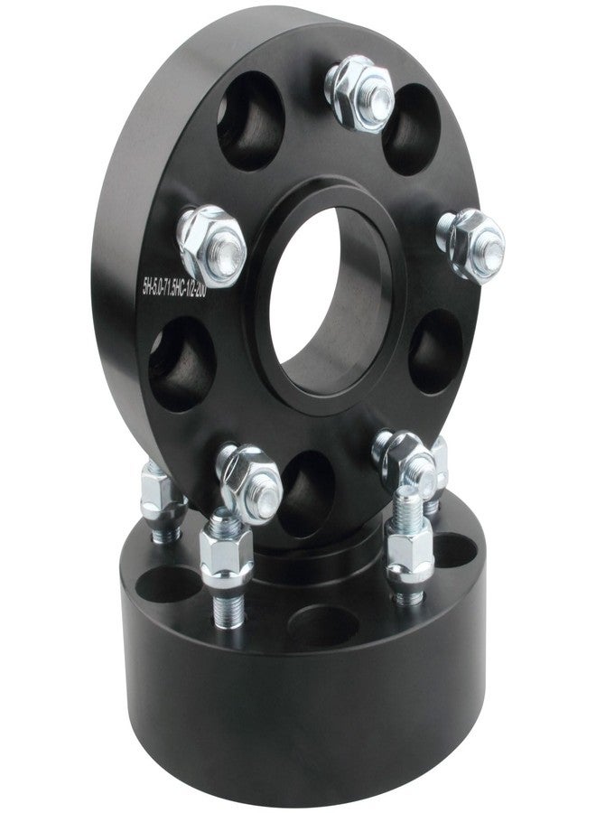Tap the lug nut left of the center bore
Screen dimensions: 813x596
[x=213, y=245]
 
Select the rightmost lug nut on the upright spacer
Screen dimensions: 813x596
[x=470, y=242]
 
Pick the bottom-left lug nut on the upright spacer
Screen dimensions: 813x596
[x=249, y=481]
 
